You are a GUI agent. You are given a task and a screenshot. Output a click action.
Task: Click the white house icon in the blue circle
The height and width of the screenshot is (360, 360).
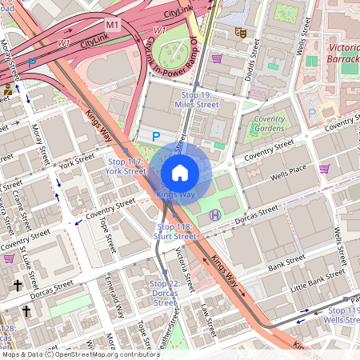[x=180, y=173]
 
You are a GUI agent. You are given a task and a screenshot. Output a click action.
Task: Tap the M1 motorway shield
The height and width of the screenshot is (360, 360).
[x=113, y=25]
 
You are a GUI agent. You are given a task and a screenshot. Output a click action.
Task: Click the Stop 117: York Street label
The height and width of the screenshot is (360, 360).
[x=125, y=166]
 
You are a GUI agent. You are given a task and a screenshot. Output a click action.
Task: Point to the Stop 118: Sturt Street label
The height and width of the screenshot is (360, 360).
[x=174, y=231]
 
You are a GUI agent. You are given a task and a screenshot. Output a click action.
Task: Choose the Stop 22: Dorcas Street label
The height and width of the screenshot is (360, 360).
[x=164, y=293]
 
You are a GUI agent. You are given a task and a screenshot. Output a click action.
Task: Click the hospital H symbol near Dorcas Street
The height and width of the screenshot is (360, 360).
[x=214, y=214]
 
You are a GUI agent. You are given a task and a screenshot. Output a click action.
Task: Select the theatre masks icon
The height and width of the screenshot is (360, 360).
[x=238, y=32]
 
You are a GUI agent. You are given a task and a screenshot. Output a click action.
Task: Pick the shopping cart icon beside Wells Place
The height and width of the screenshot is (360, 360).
[x=324, y=169]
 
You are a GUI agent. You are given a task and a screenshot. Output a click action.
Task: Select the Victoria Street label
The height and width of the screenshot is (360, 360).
[x=185, y=269]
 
